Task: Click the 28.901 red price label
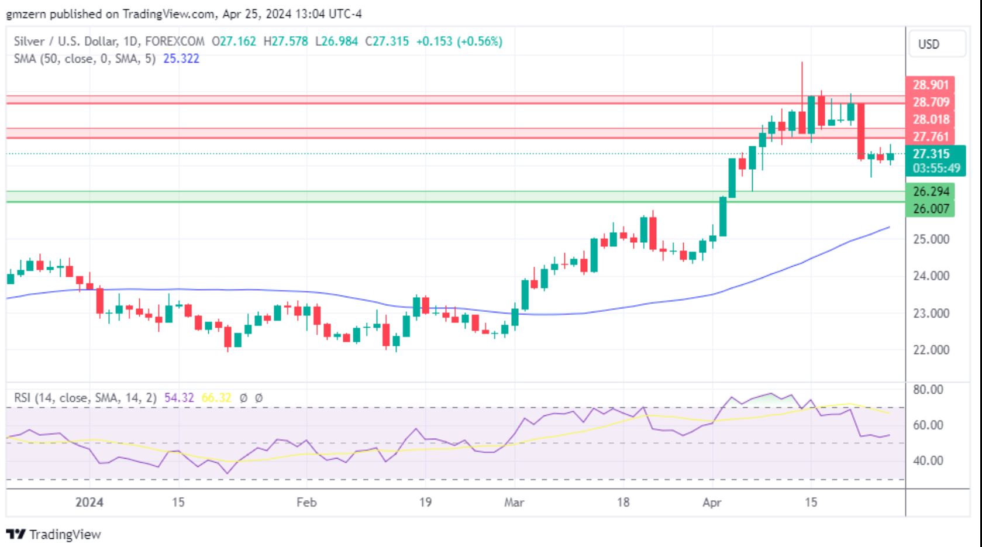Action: tap(931, 85)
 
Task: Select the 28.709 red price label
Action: tap(931, 102)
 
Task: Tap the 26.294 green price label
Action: tap(931, 191)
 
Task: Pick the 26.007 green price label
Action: tap(931, 209)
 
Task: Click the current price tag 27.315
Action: tap(931, 154)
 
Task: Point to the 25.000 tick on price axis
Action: tap(931, 239)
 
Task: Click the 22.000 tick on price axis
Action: tap(931, 350)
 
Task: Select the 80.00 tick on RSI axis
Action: tap(928, 390)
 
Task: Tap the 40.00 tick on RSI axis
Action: tap(928, 461)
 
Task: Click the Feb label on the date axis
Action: tap(306, 503)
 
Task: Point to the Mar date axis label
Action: tap(514, 503)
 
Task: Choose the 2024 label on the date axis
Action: tap(89, 503)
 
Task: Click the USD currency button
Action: tap(929, 44)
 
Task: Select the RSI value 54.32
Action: tap(179, 398)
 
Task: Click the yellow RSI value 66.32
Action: tap(216, 398)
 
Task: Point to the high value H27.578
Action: tap(285, 42)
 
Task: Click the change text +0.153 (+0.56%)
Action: tap(459, 42)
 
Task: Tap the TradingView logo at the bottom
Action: tap(54, 534)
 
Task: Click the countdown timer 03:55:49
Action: tap(936, 168)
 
